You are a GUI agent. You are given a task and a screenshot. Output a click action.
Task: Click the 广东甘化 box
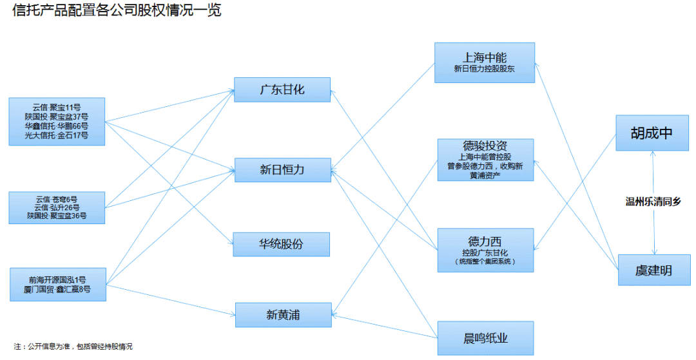pyautogui.click(x=282, y=90)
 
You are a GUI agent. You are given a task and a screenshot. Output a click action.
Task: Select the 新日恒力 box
pyautogui.click(x=282, y=170)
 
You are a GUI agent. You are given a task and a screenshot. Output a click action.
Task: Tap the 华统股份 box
pyautogui.click(x=282, y=245)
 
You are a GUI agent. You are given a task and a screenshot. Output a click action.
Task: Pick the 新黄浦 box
pyautogui.click(x=282, y=314)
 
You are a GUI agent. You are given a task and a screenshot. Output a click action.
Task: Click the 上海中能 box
pyautogui.click(x=485, y=62)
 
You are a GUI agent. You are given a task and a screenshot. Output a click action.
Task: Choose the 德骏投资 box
pyautogui.click(x=485, y=160)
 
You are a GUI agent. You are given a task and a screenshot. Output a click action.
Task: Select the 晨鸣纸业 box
pyautogui.click(x=485, y=338)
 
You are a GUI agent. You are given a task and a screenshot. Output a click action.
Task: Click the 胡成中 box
pyautogui.click(x=652, y=133)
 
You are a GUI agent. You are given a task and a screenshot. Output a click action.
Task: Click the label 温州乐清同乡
pyautogui.click(x=653, y=202)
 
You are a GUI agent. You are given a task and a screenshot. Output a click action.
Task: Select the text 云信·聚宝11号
pyautogui.click(x=57, y=107)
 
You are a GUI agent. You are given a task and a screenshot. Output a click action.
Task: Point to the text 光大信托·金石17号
pyautogui.click(x=57, y=136)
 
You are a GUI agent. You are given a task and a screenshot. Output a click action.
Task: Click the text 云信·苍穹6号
pyautogui.click(x=57, y=198)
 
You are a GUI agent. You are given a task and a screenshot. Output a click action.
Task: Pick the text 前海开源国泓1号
pyautogui.click(x=57, y=280)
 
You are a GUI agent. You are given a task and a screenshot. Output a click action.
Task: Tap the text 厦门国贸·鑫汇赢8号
pyautogui.click(x=57, y=290)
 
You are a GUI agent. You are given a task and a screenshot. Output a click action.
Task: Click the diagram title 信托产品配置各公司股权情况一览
pyautogui.click(x=117, y=11)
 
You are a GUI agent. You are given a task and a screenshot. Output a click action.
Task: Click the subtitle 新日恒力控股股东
pyautogui.click(x=485, y=68)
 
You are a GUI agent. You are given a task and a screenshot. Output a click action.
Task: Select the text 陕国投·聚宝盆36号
pyautogui.click(x=57, y=216)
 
